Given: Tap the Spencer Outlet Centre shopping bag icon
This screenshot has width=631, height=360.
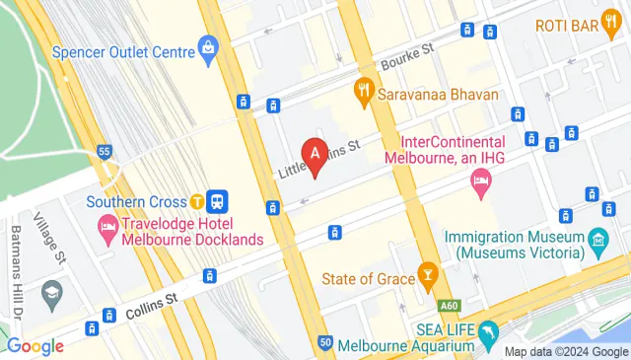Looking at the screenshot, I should (x=208, y=45).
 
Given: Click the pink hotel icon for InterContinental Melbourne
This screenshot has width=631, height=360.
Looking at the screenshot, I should (x=480, y=180).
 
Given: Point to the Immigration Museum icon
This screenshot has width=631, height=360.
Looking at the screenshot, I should (x=597, y=239).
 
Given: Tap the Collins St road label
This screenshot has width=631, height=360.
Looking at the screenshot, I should (x=150, y=308).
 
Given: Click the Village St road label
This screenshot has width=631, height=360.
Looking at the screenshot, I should (x=49, y=237).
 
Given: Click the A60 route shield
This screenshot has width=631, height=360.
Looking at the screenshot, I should (x=450, y=306).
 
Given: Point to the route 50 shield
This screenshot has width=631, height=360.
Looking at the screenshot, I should (x=325, y=342).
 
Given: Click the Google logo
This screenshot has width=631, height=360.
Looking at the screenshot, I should (x=35, y=345).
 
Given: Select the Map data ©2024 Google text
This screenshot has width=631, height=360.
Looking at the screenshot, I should (x=566, y=352).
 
